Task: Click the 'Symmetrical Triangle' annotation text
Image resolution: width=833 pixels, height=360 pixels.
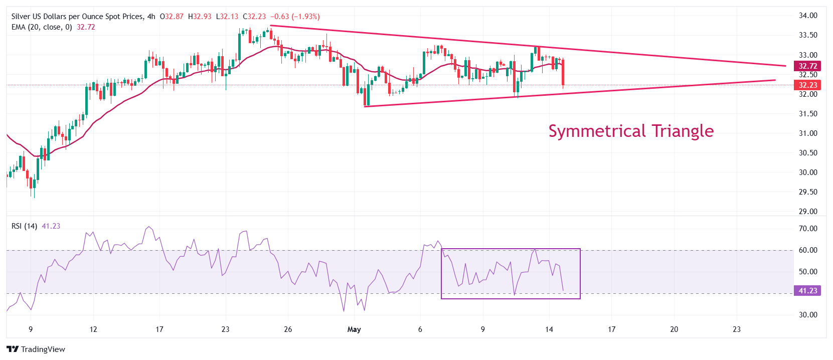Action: tap(631, 131)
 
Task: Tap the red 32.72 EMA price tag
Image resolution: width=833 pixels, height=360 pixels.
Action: tap(807, 66)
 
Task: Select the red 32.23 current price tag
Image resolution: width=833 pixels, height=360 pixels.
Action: tap(807, 85)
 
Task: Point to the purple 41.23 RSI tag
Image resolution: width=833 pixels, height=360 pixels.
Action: tap(807, 291)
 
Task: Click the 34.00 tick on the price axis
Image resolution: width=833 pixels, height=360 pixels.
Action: tap(807, 16)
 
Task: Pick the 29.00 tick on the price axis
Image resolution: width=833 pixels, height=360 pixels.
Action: tap(807, 212)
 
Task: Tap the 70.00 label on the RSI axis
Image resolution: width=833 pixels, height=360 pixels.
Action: tap(807, 229)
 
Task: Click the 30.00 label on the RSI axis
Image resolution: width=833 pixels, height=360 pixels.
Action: tap(807, 315)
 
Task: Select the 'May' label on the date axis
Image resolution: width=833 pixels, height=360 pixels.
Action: tap(354, 329)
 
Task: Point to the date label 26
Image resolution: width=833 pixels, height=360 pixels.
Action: tap(288, 329)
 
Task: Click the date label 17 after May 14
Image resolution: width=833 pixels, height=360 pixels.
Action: tap(611, 329)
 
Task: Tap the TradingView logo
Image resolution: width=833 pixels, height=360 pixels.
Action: tap(36, 349)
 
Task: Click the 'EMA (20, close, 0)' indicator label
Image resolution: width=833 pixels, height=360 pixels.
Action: tap(42, 27)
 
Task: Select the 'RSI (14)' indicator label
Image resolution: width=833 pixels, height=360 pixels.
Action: tap(24, 226)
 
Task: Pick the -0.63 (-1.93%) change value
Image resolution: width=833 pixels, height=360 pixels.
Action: tap(295, 17)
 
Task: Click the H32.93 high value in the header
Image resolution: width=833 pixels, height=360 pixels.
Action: tap(200, 17)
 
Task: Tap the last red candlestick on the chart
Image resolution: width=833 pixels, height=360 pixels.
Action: tap(563, 73)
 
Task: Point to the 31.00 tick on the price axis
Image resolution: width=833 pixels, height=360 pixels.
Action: tap(807, 133)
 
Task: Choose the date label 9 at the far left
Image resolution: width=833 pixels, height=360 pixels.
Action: tap(31, 329)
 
